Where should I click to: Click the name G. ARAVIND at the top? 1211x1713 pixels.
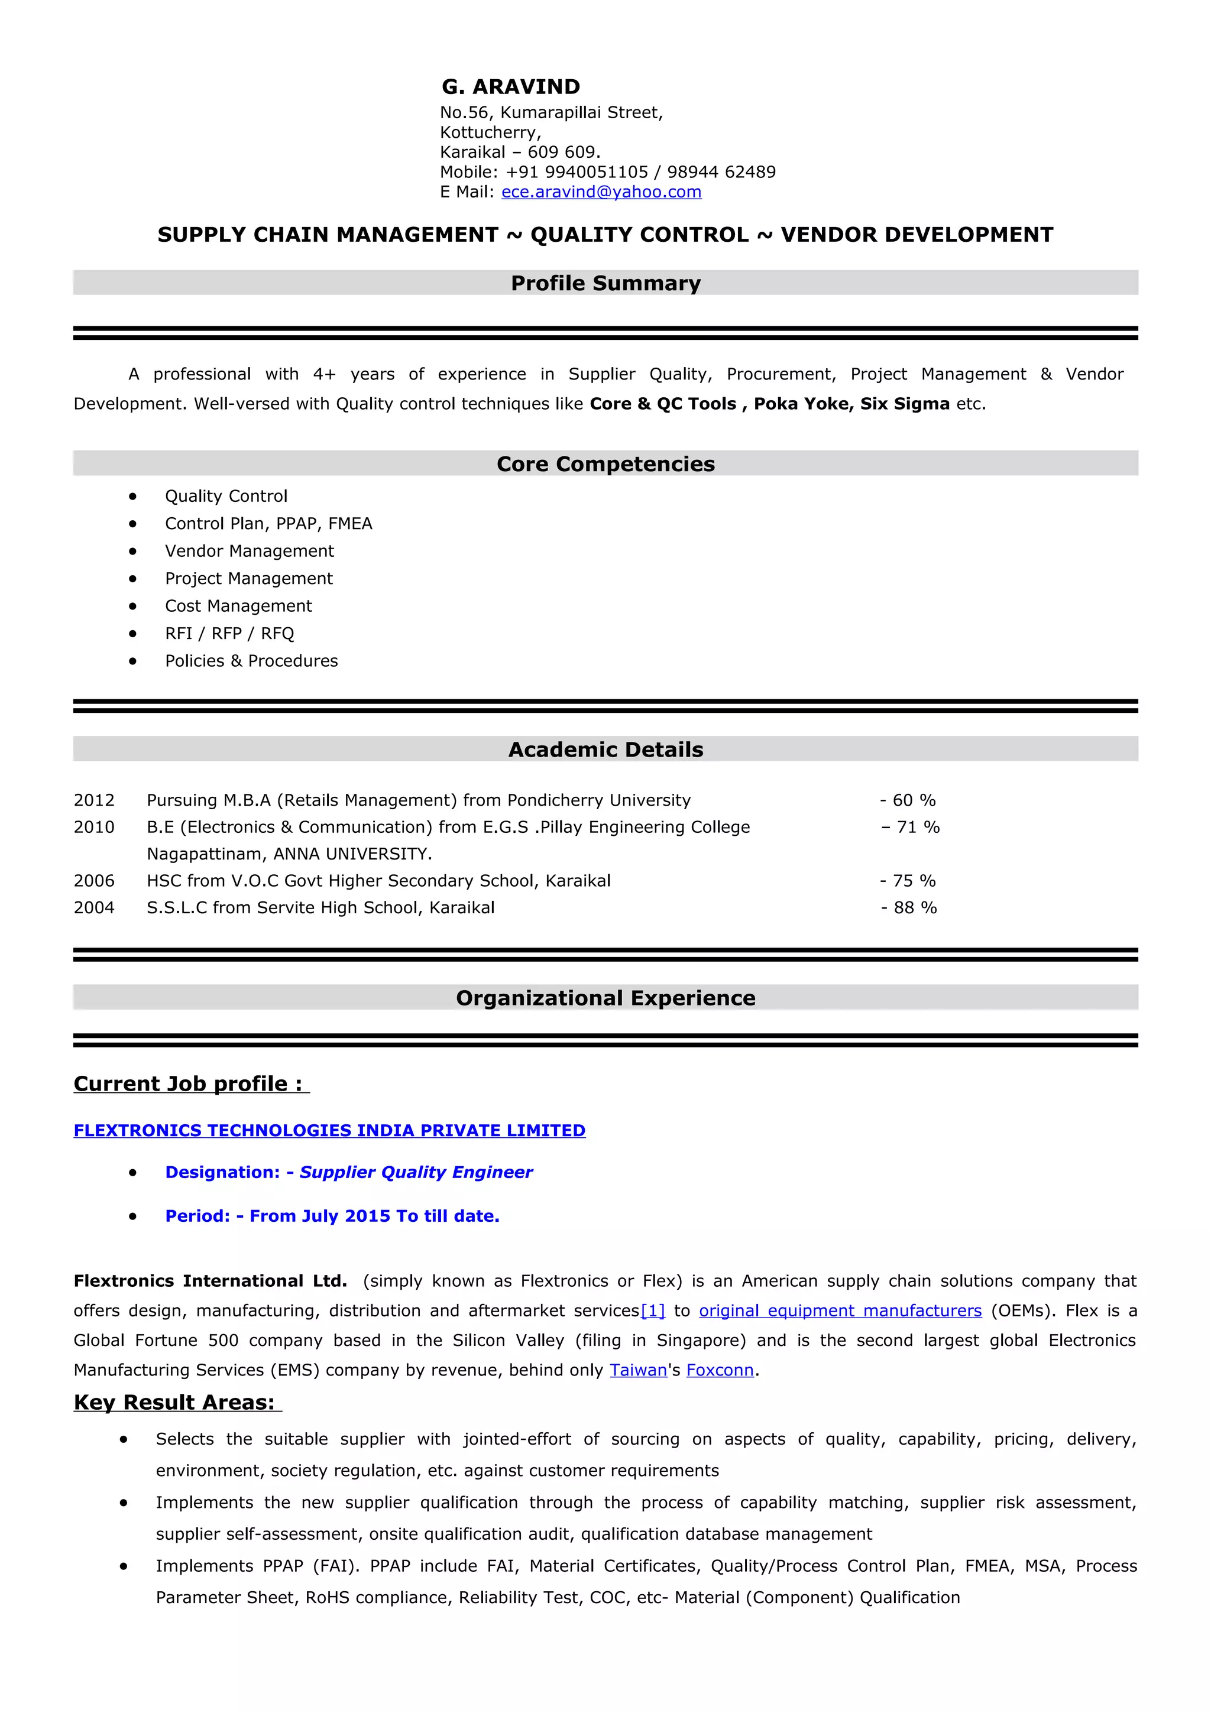tap(510, 87)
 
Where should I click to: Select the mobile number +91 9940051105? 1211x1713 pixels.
tap(577, 173)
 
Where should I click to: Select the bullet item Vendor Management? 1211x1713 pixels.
tap(249, 551)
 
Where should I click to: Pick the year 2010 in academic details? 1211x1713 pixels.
tap(94, 828)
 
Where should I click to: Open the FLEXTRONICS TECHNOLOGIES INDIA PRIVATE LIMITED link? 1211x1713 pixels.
tap(329, 1130)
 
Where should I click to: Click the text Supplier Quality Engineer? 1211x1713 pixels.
tap(416, 1172)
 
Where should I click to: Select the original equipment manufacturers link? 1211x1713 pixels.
tap(840, 1311)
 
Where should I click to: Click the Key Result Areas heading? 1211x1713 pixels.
tap(174, 1403)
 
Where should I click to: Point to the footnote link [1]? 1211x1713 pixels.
tap(653, 1311)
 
